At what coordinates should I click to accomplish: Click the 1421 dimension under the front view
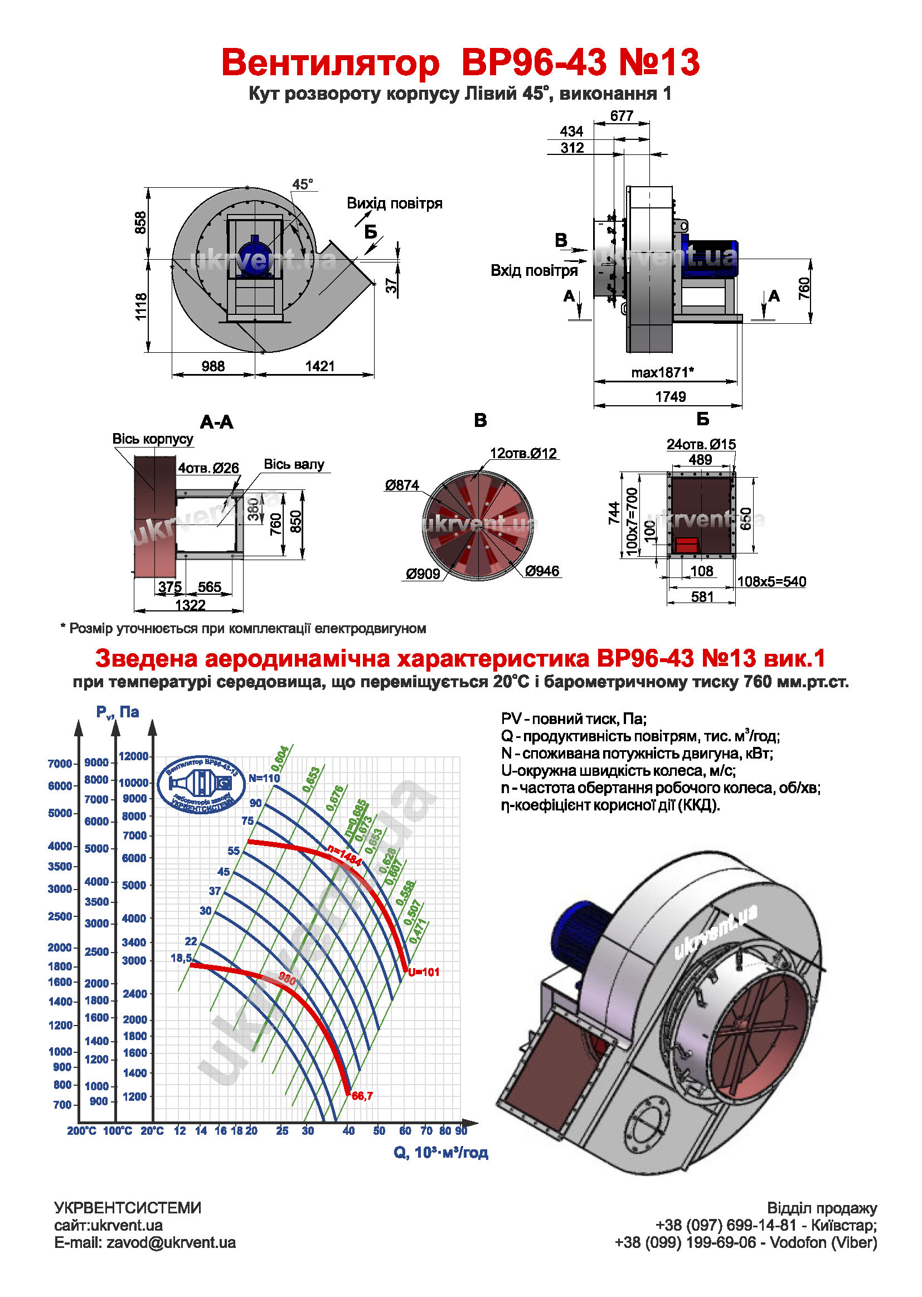tap(319, 366)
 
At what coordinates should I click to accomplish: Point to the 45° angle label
tap(303, 184)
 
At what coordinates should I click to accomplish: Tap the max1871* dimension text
tap(662, 372)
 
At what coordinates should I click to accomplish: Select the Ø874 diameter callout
tap(402, 485)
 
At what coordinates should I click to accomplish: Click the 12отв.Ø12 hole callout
tap(523, 454)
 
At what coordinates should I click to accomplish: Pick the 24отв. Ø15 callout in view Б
tap(701, 444)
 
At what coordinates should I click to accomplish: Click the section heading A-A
tap(216, 422)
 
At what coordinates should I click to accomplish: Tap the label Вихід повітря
tap(394, 203)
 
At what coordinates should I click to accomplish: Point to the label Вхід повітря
tap(533, 271)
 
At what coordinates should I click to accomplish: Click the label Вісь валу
tap(294, 464)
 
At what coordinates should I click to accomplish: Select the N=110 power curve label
tap(264, 778)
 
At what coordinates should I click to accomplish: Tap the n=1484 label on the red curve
tap(344, 855)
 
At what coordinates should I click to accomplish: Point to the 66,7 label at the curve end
tap(362, 1096)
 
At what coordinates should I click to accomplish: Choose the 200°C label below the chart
tap(82, 1131)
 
